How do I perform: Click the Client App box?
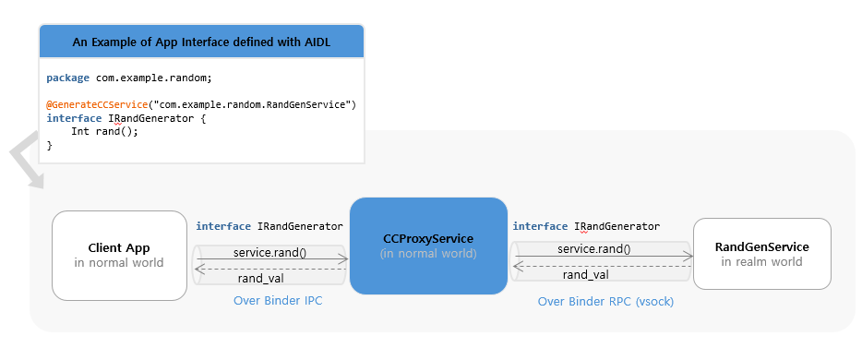pyautogui.click(x=119, y=256)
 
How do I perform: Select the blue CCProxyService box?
pyautogui.click(x=428, y=246)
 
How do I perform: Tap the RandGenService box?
pyautogui.click(x=761, y=254)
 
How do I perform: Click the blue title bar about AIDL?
pyautogui.click(x=201, y=42)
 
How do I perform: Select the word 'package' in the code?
pyautogui.click(x=68, y=78)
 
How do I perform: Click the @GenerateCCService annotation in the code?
pyautogui.click(x=97, y=105)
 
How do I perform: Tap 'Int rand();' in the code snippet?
pyautogui.click(x=104, y=132)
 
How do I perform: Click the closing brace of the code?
pyautogui.click(x=50, y=145)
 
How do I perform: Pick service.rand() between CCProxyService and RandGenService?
pyautogui.click(x=593, y=248)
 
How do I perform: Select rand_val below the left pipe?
pyautogui.click(x=261, y=278)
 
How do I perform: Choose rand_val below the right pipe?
pyautogui.click(x=585, y=274)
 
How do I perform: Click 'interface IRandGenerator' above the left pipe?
pyautogui.click(x=269, y=226)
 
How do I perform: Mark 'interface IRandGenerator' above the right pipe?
pyautogui.click(x=585, y=226)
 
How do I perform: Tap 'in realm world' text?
pyautogui.click(x=761, y=262)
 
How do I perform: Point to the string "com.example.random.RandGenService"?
pyautogui.click(x=252, y=105)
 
